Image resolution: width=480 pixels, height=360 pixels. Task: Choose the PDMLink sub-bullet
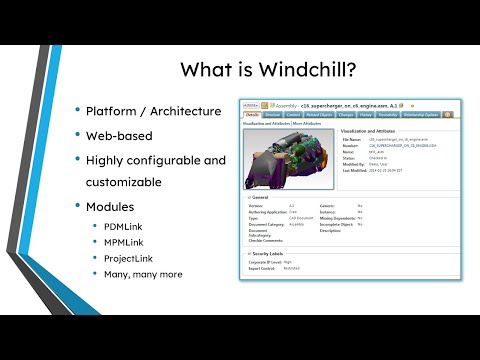(x=125, y=227)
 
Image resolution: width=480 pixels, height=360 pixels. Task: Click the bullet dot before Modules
(x=79, y=205)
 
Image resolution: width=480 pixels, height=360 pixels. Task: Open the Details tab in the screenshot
(x=252, y=115)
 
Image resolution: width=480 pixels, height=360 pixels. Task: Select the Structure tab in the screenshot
(x=274, y=115)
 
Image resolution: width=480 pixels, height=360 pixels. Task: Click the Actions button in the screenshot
(x=251, y=103)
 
